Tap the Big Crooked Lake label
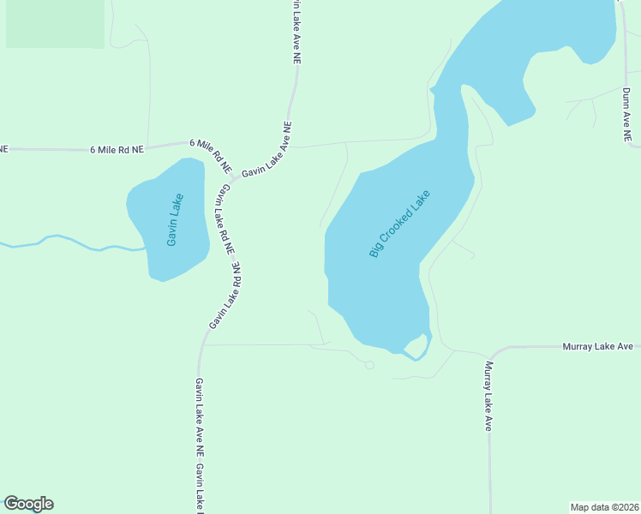click(399, 223)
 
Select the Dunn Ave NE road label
click(627, 114)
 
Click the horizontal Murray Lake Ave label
click(597, 346)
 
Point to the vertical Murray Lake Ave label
click(488, 396)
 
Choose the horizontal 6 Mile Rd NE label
click(117, 149)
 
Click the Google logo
click(28, 504)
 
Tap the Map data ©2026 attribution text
click(604, 506)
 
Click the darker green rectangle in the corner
click(55, 23)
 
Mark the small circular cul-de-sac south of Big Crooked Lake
click(369, 365)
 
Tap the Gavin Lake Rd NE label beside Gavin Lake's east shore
click(225, 218)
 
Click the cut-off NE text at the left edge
click(4, 149)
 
